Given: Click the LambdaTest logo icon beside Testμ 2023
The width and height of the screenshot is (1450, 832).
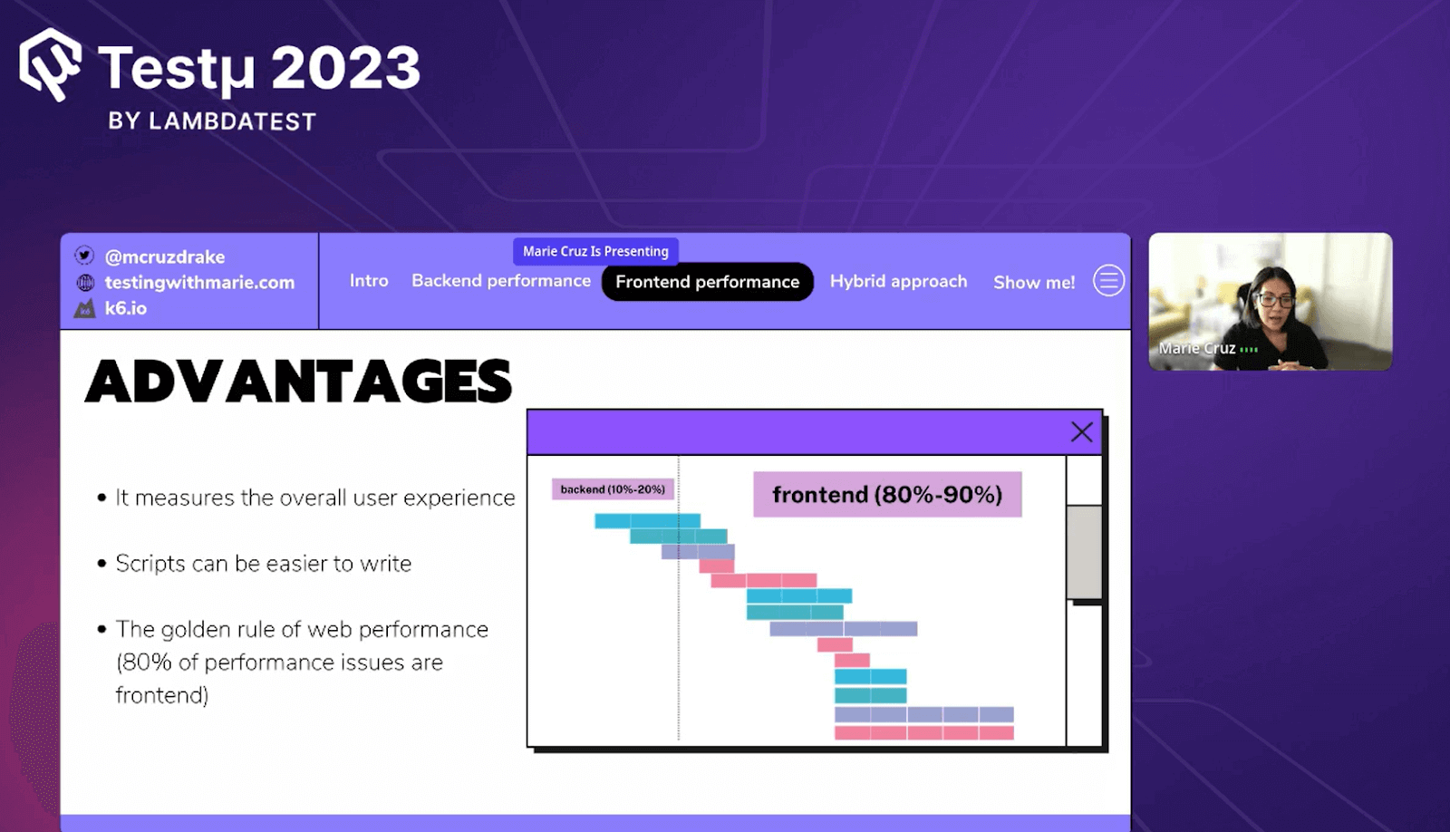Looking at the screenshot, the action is [51, 64].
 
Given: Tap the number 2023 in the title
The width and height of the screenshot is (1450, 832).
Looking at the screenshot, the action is [345, 67].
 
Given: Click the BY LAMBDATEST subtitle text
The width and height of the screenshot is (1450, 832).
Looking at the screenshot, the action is [212, 121].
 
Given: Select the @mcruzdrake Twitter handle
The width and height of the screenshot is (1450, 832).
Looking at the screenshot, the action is [164, 257].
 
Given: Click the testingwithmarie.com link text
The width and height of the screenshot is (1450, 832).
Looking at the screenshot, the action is [199, 282].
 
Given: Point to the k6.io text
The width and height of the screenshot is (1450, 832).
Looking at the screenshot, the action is [126, 308].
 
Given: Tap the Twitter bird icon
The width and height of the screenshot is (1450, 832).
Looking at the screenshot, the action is [84, 255].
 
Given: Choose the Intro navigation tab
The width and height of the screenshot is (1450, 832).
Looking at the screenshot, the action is [369, 281].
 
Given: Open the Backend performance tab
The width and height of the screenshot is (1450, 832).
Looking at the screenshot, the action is [501, 281].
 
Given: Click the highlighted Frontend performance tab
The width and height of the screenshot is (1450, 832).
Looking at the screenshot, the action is [708, 282].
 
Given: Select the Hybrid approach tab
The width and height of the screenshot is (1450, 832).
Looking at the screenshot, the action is [898, 282].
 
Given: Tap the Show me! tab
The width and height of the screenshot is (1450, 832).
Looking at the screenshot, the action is [1034, 282].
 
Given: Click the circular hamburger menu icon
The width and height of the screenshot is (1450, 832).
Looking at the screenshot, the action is [1109, 281].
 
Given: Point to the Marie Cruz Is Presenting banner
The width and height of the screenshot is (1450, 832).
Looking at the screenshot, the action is [595, 251].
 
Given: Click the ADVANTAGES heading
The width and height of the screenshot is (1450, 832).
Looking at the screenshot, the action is [298, 382].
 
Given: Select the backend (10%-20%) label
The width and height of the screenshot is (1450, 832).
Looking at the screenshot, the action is [613, 489].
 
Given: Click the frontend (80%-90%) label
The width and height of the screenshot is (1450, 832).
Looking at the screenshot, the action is [887, 495].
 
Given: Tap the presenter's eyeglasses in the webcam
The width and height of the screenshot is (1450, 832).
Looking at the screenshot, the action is [1274, 300].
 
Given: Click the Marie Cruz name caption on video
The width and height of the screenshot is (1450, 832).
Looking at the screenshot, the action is [1197, 348].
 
